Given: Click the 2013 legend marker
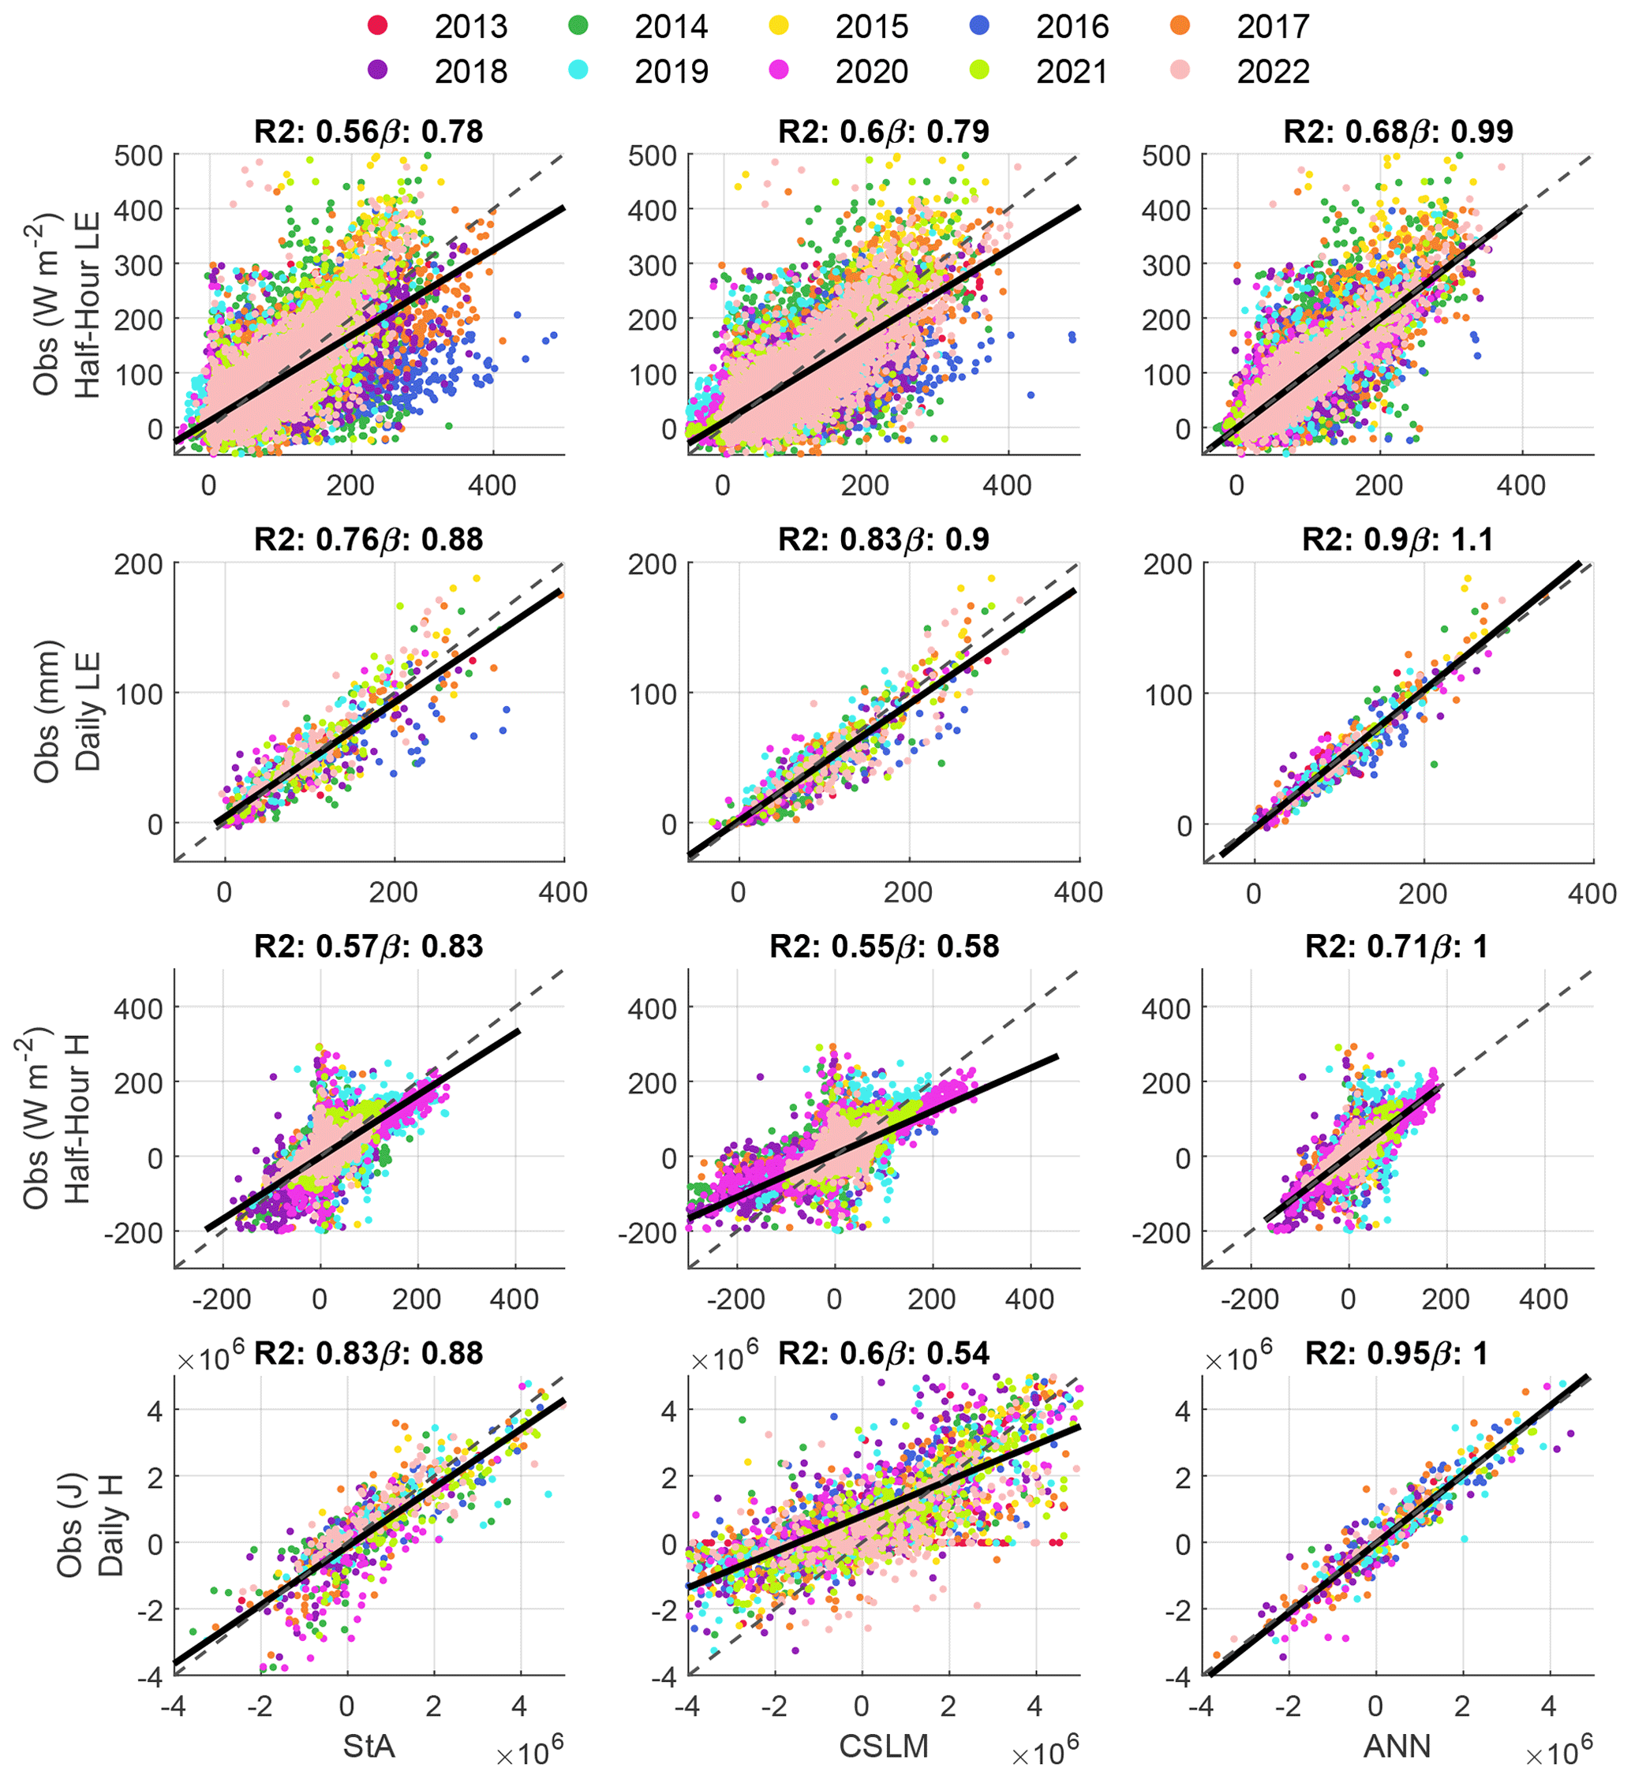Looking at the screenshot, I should (378, 25).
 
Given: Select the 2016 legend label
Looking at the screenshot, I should (1072, 27).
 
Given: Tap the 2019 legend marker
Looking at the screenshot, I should (578, 70).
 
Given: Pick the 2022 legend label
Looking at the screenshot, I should (1273, 72).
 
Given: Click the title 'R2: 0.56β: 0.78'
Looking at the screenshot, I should (369, 132).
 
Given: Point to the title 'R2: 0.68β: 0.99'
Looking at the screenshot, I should (1398, 132).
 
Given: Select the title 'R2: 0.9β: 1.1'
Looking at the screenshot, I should (1398, 539).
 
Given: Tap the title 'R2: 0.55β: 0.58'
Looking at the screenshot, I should (884, 947).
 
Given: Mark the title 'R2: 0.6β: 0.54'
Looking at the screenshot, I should (884, 1354).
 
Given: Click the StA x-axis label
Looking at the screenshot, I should (369, 1747).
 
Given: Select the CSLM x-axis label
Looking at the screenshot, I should (884, 1747).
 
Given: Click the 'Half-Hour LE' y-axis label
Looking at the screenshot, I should (87, 305).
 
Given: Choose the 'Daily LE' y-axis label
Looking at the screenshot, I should (87, 712).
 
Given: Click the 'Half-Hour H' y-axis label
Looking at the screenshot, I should (77, 1119).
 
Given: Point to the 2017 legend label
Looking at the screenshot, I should (1273, 27).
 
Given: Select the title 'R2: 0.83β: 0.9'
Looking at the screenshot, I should (884, 539).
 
